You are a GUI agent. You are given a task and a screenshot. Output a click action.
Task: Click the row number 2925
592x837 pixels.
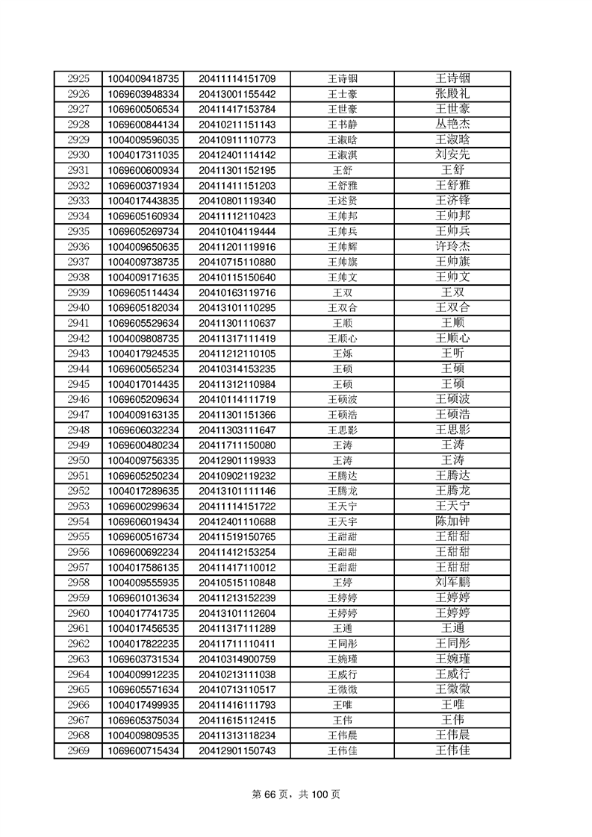78,78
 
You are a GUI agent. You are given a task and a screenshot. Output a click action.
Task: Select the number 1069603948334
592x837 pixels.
143,94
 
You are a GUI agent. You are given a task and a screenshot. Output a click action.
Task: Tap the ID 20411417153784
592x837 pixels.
237,109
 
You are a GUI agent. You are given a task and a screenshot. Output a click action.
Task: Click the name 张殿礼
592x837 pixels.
452,94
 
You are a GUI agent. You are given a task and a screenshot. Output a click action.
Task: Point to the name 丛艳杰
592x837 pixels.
452,125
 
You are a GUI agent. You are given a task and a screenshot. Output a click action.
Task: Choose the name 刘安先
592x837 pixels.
452,155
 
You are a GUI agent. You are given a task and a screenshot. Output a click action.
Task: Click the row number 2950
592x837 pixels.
78,460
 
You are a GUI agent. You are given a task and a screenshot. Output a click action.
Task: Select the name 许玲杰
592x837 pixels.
452,246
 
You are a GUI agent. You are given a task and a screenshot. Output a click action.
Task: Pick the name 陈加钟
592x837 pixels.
452,521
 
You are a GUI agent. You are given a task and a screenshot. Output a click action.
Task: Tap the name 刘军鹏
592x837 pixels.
452,583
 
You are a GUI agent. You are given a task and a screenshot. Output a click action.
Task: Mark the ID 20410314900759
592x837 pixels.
237,659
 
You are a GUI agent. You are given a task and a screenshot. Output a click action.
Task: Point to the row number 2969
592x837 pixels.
78,750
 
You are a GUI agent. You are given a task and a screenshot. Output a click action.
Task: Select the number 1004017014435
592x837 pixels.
143,384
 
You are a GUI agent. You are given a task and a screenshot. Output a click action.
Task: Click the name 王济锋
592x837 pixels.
452,201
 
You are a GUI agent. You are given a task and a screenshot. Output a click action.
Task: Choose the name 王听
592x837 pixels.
452,354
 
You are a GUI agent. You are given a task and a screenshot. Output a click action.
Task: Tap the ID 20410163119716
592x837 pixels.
237,292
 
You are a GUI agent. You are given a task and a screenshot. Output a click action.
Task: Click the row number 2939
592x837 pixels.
78,292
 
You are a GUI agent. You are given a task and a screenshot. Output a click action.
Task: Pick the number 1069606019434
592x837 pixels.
143,521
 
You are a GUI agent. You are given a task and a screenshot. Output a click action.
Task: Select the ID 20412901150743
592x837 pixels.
237,750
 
